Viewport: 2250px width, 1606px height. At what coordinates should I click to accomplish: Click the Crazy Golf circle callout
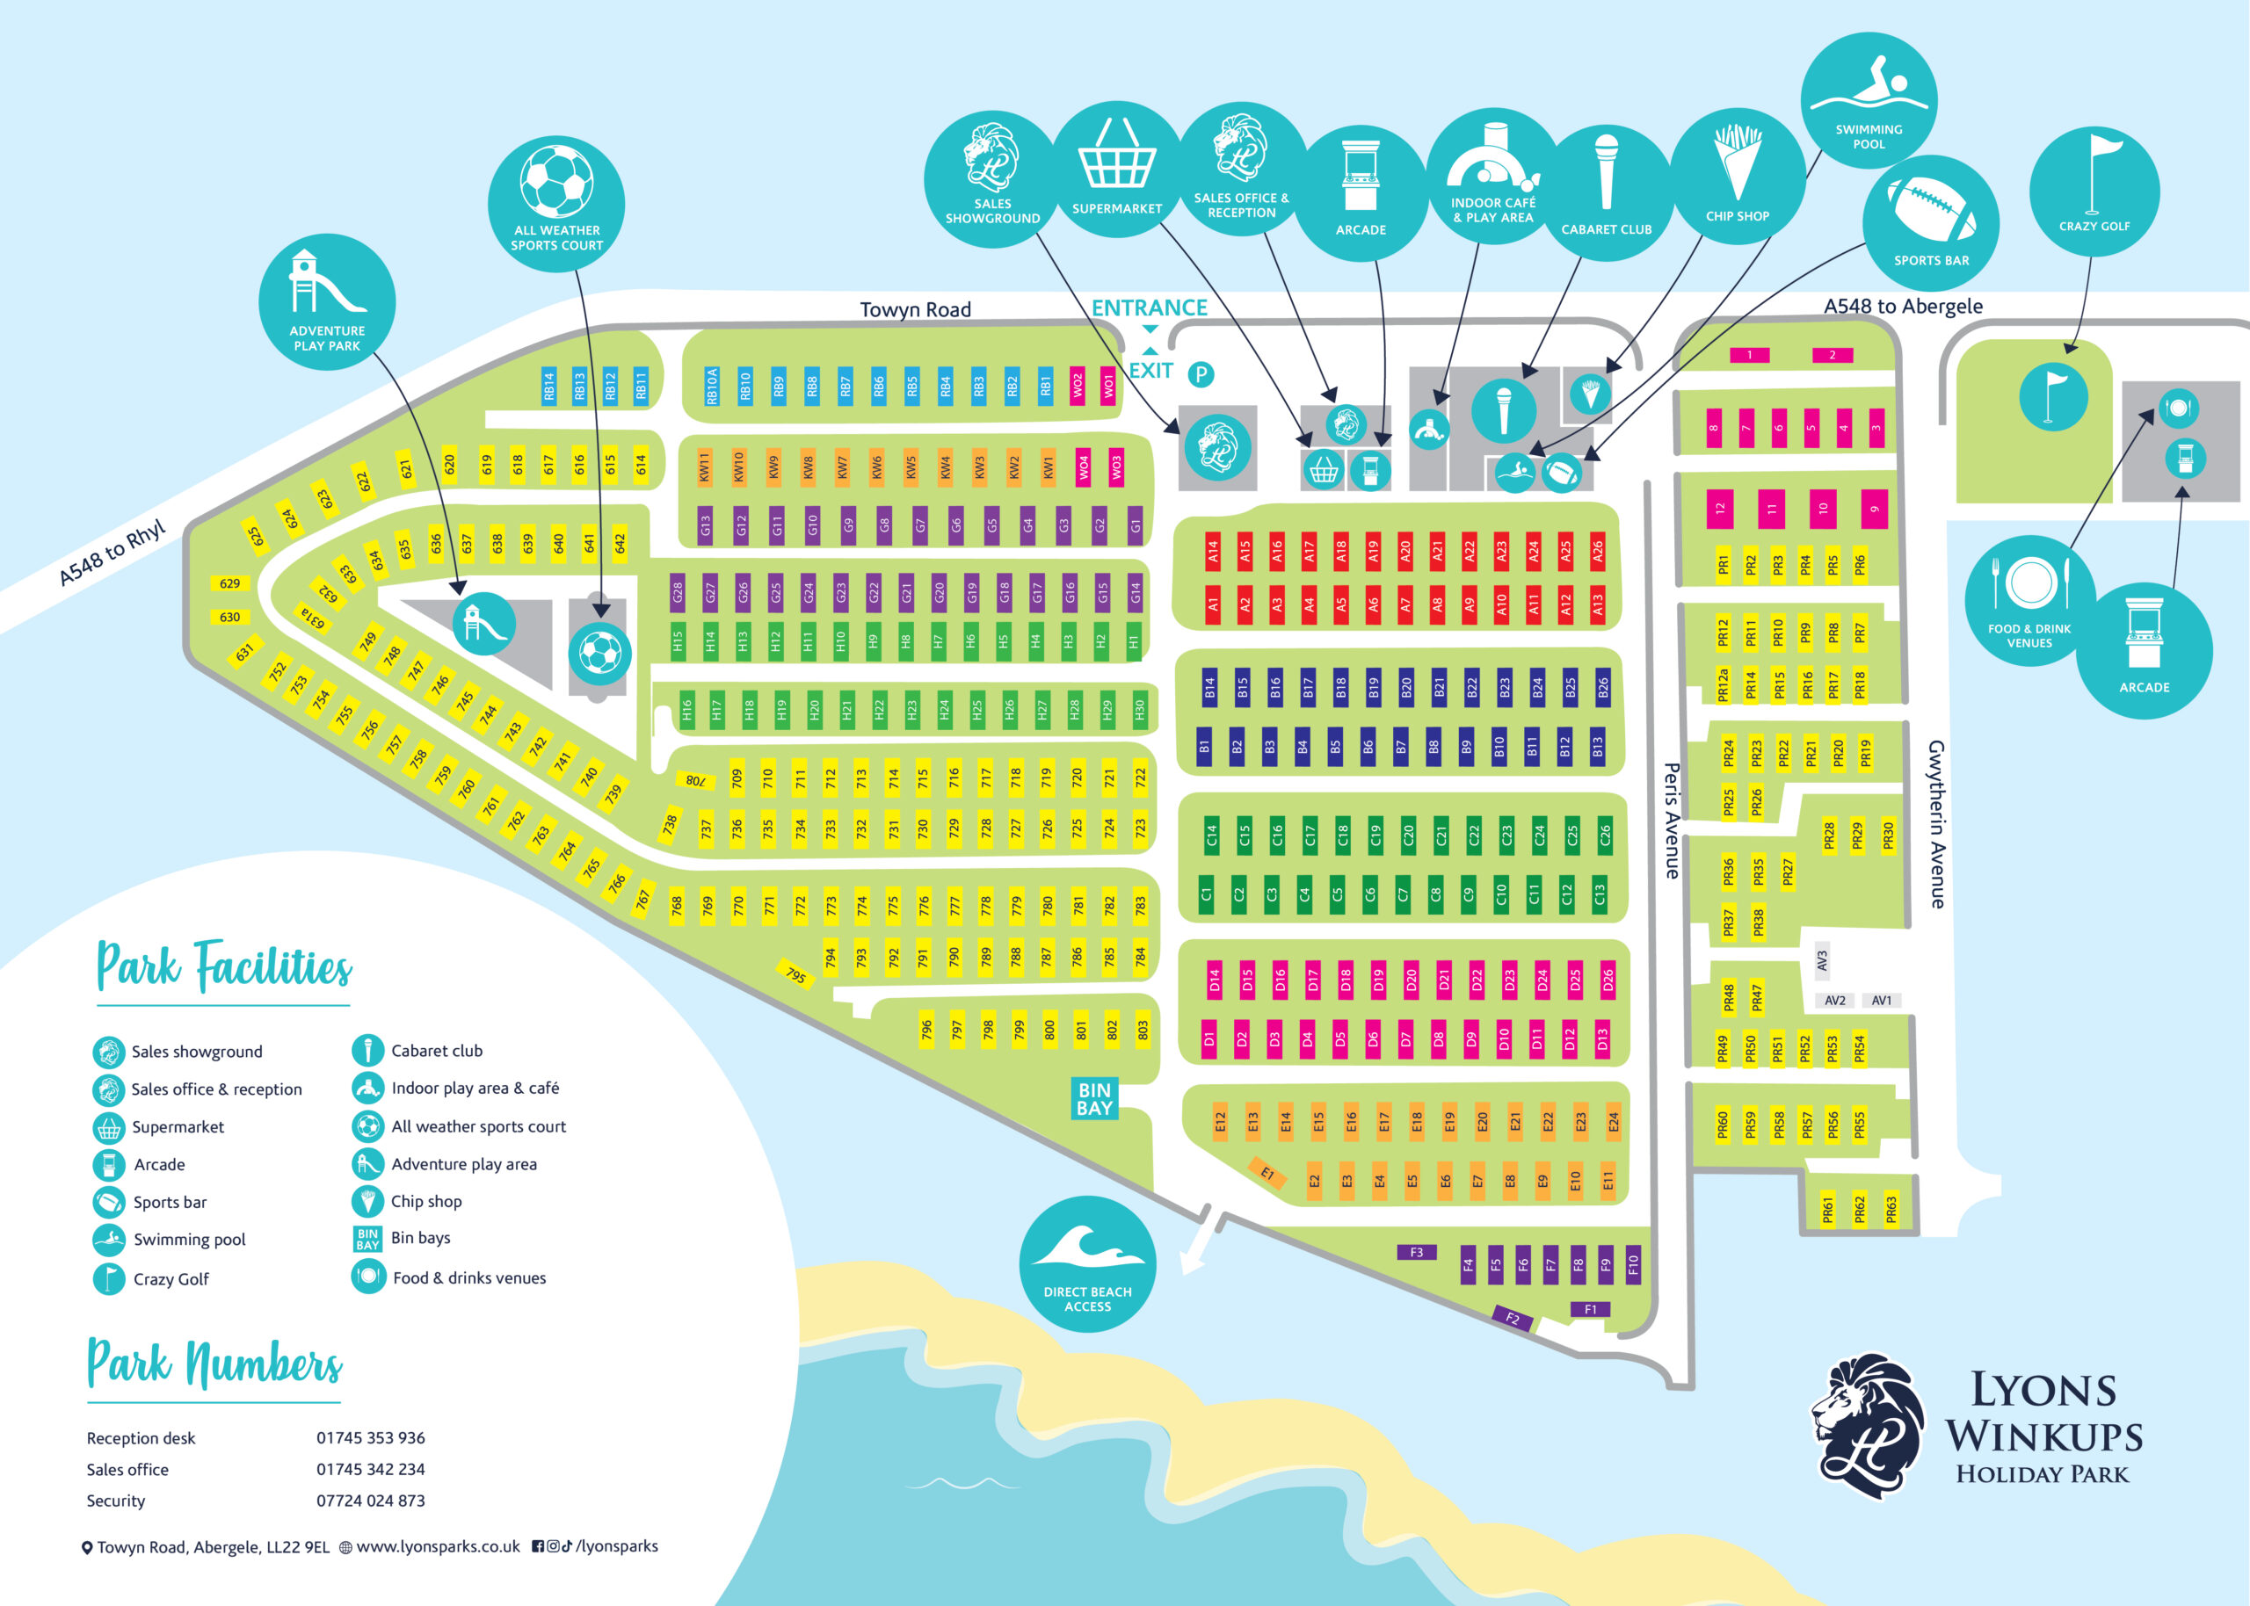pos(2094,192)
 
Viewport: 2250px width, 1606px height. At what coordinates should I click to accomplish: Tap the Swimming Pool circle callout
pos(1869,100)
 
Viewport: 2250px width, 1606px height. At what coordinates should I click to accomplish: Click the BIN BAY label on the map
pos(1095,1099)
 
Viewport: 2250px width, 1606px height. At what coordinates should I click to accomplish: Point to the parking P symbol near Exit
pos(1200,373)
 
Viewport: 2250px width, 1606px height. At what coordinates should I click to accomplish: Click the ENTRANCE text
pos(1150,307)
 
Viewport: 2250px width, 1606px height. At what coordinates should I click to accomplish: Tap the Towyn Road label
pos(915,309)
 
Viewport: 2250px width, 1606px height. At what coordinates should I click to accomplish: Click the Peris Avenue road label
pos(1672,820)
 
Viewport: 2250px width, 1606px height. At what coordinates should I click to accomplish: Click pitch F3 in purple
pos(1416,1252)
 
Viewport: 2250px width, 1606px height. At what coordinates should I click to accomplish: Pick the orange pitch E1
pos(1267,1173)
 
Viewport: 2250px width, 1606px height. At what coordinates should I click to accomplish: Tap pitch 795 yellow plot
pos(796,974)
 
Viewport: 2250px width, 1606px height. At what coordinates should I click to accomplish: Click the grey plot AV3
pos(1822,960)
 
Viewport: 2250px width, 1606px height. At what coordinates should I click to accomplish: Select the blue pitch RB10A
pos(711,386)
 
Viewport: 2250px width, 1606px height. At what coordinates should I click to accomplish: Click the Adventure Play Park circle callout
pos(327,301)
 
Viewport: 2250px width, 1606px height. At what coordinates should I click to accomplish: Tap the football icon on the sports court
pos(599,653)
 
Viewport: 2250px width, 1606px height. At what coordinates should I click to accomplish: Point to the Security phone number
pos(370,1501)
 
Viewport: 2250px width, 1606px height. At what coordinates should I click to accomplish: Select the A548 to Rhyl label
pos(112,553)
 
